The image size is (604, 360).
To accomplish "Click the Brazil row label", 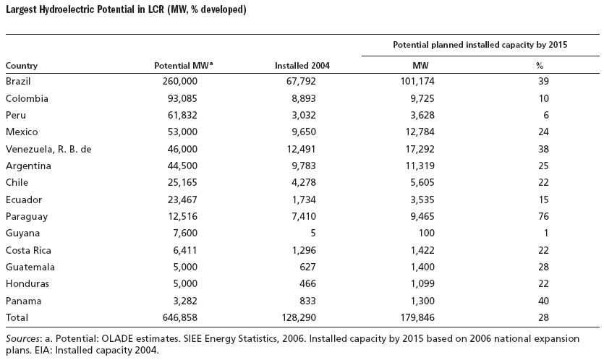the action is (x=18, y=81).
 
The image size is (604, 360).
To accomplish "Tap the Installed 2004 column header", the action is (x=302, y=66).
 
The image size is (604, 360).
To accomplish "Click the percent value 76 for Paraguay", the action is (x=543, y=216).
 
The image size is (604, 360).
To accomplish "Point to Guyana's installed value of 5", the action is (x=312, y=233).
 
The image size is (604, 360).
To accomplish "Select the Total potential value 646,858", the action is (x=180, y=317).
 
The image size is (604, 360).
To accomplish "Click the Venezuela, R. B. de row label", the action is (x=48, y=149).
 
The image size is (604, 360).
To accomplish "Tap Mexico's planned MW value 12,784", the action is (x=420, y=132).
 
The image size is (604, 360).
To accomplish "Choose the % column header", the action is (x=540, y=66).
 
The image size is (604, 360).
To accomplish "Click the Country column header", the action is (x=22, y=66).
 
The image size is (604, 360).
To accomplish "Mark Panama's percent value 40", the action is (x=543, y=301).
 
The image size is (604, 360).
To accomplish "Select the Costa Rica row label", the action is (x=28, y=250).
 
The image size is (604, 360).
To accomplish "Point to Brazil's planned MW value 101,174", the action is (x=417, y=81).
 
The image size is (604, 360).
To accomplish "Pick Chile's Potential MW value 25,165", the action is (x=182, y=182).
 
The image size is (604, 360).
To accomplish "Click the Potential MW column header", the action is (x=183, y=66).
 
